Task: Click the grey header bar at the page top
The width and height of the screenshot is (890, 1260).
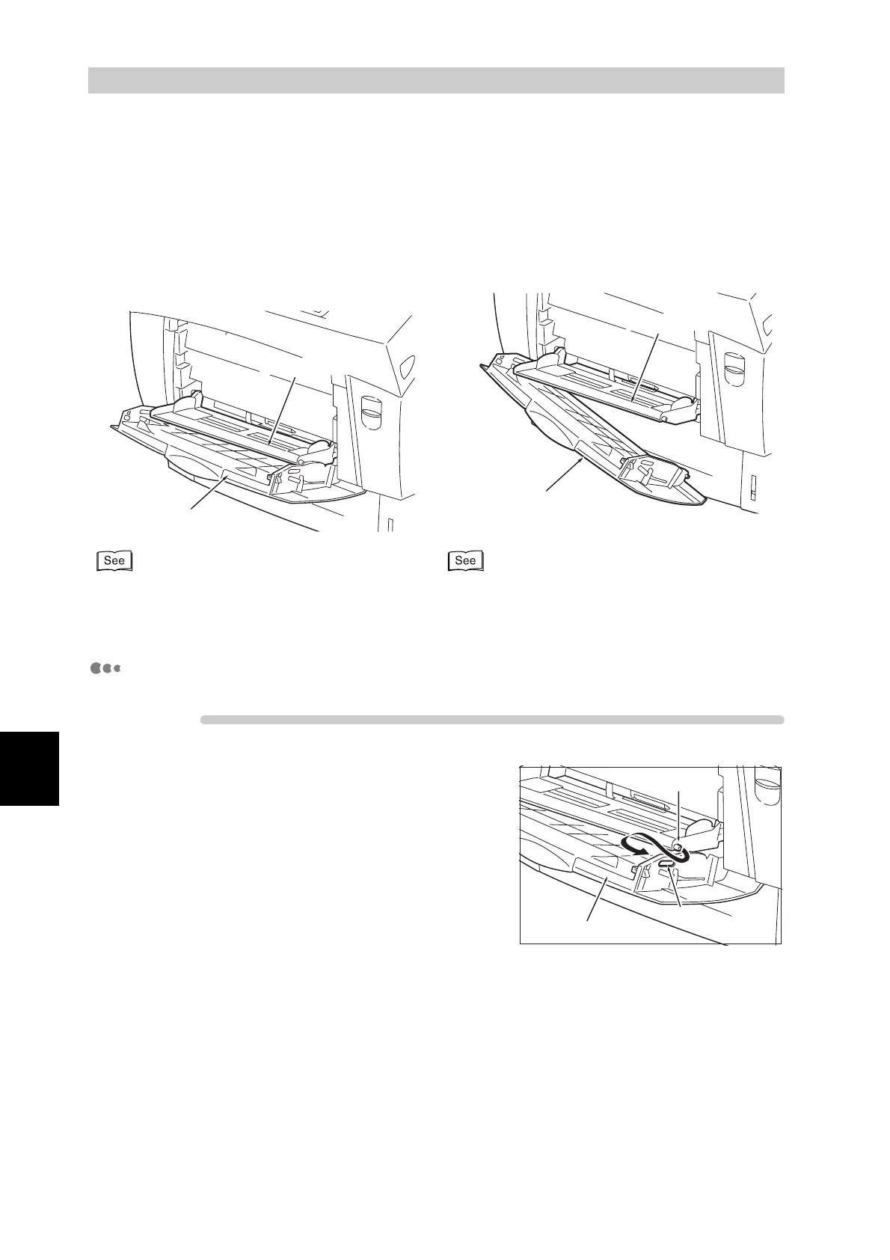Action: tap(436, 80)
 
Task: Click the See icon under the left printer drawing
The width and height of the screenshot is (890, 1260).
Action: tap(114, 561)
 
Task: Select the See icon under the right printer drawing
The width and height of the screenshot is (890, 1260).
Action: tap(465, 561)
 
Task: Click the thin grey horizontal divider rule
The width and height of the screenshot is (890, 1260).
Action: tap(492, 720)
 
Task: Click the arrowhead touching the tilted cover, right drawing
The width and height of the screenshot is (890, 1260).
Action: tap(581, 462)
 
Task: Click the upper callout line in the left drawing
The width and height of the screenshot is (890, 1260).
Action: tap(283, 405)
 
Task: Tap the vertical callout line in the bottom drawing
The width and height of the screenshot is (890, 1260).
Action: tap(678, 816)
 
